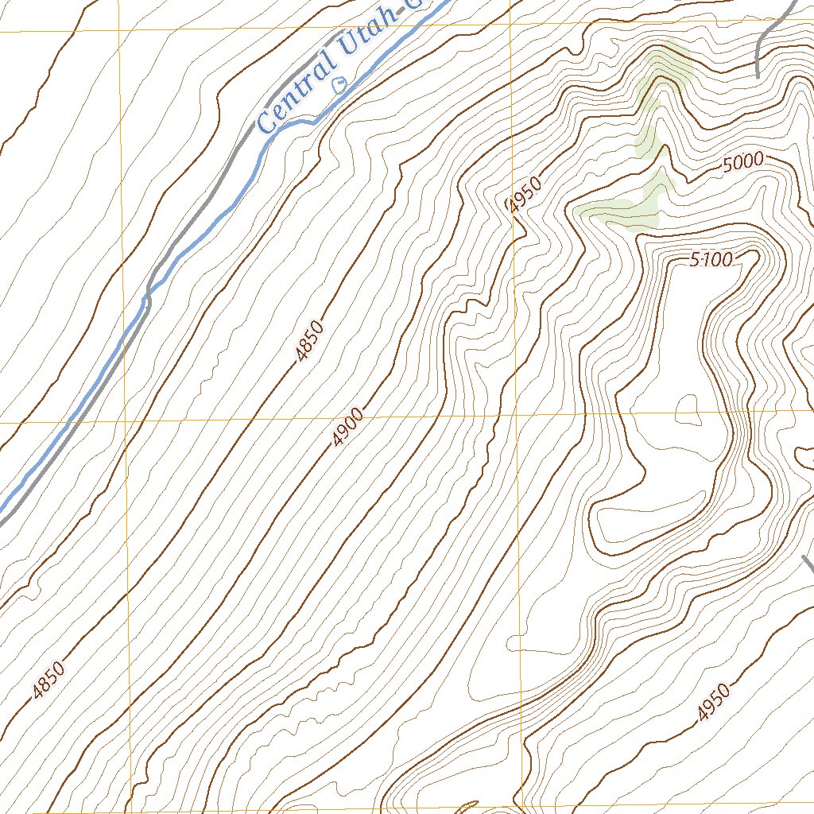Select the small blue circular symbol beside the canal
coord(340,83)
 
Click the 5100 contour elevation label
coord(711,259)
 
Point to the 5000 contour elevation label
coord(743,162)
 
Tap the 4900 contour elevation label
coord(348,428)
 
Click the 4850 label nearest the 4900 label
coord(309,341)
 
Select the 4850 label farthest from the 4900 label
coord(48,681)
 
